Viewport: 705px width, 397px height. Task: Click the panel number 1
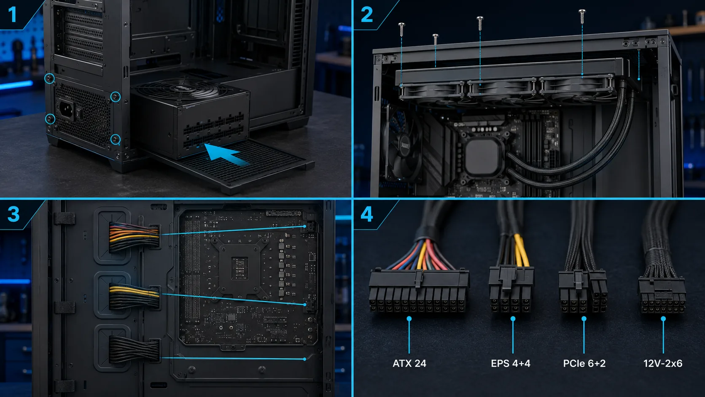tap(12, 14)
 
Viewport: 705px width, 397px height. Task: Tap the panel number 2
tap(367, 14)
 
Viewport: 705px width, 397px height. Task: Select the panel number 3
tap(13, 214)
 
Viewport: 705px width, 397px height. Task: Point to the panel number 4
tap(367, 214)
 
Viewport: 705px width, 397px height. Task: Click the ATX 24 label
tap(409, 364)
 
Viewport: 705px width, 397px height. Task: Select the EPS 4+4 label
tap(511, 364)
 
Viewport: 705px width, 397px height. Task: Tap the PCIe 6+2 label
tap(584, 364)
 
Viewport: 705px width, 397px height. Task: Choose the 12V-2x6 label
tap(663, 364)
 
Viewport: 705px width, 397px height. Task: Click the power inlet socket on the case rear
tap(66, 110)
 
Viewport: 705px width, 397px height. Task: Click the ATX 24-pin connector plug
tap(418, 290)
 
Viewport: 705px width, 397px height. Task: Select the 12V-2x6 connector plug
tap(662, 294)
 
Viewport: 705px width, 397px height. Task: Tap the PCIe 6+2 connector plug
tap(583, 291)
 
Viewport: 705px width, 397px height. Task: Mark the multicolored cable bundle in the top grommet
tap(134, 237)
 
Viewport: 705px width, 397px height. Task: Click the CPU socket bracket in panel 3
tap(240, 267)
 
